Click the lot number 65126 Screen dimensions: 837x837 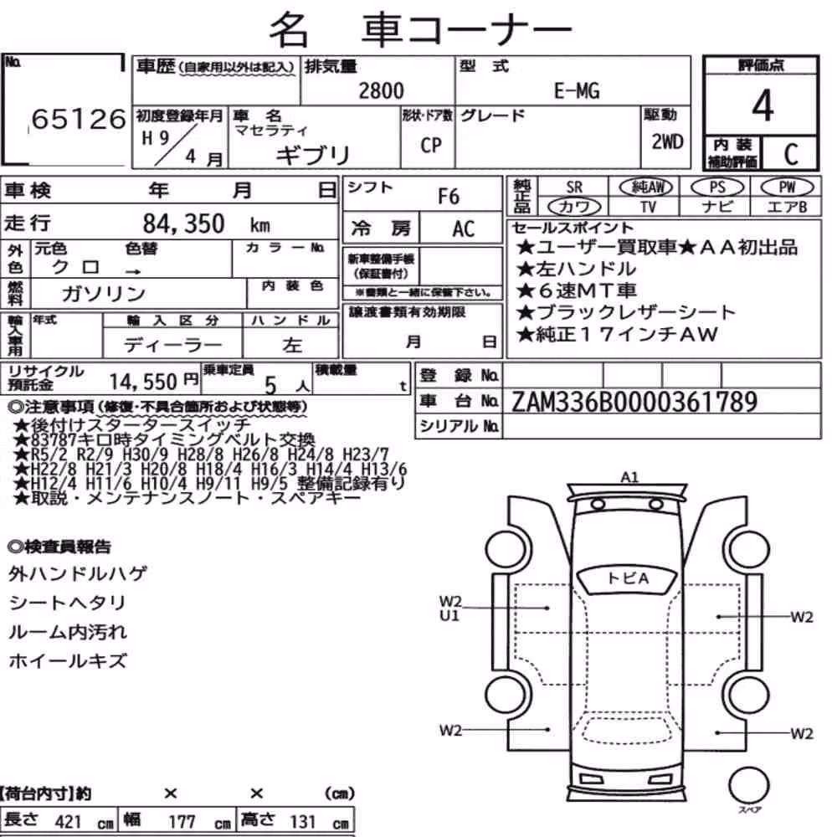coord(79,119)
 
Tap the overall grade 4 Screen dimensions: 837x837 coord(763,105)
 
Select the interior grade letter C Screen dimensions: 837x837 coord(791,154)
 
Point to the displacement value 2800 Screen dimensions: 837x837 coord(381,90)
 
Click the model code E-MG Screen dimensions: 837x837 coord(577,90)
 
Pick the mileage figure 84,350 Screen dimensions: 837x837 coord(183,223)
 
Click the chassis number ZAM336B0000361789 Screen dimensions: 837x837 coord(634,402)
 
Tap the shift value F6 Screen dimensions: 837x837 coord(449,197)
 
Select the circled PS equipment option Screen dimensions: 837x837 coord(717,187)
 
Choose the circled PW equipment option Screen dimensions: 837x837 coord(787,187)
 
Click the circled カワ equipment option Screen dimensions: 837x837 coord(574,206)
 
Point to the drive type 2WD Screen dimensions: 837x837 coord(667,142)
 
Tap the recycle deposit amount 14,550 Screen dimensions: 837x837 coord(143,382)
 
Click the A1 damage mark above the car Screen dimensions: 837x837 coord(630,477)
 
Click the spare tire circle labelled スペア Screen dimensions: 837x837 coord(749,785)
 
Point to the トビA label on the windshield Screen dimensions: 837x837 coord(629,578)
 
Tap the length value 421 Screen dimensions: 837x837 coord(69,822)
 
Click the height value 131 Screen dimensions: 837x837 coord(303,822)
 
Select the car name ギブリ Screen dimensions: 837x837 coord(313,155)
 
